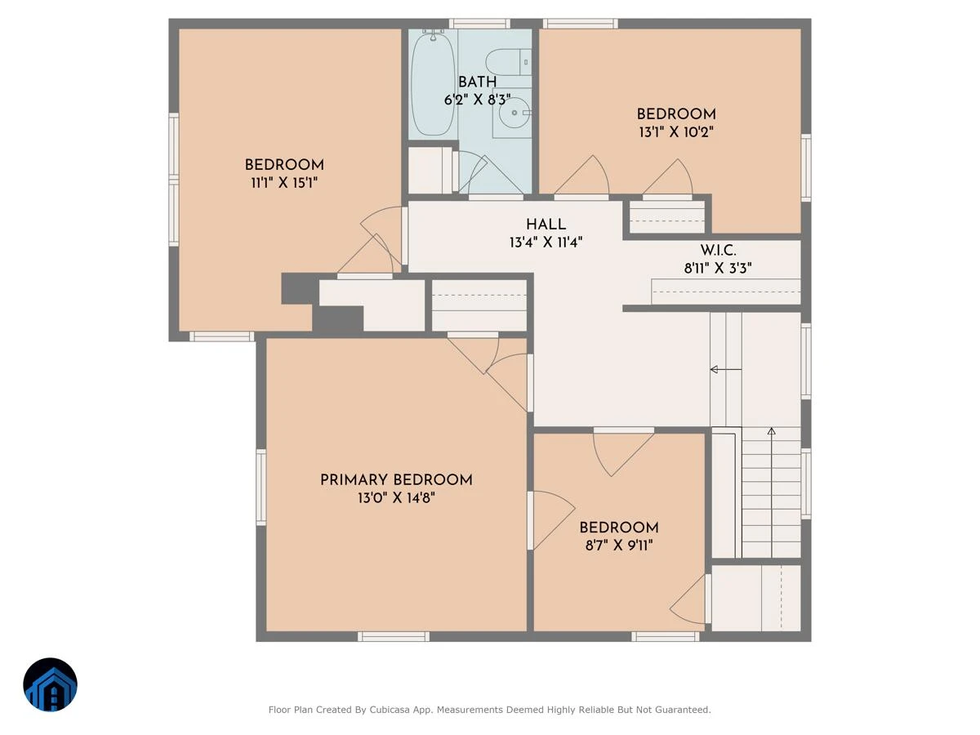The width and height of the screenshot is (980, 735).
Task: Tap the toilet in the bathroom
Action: [509, 62]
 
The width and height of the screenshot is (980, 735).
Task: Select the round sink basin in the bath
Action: [514, 113]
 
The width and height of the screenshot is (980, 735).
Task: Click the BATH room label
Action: [477, 82]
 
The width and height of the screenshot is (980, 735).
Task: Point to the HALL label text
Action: [546, 225]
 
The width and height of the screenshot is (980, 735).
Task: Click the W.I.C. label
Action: [718, 251]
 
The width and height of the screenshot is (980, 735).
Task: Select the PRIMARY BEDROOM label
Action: [396, 480]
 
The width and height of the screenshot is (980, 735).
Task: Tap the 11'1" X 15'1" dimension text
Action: [284, 183]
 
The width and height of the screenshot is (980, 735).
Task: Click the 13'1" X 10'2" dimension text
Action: [676, 132]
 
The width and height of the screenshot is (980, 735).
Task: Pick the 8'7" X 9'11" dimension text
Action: [619, 546]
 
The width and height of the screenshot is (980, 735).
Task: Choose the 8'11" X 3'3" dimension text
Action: [718, 268]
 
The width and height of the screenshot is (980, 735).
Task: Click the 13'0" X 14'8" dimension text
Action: [396, 498]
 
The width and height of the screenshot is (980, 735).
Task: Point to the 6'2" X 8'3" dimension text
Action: [477, 100]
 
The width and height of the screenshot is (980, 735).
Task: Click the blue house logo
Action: [50, 684]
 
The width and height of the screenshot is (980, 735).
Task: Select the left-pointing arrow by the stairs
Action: [726, 369]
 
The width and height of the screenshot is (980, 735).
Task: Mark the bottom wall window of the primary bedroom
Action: [394, 636]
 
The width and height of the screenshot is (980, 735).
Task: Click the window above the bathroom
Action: [479, 24]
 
